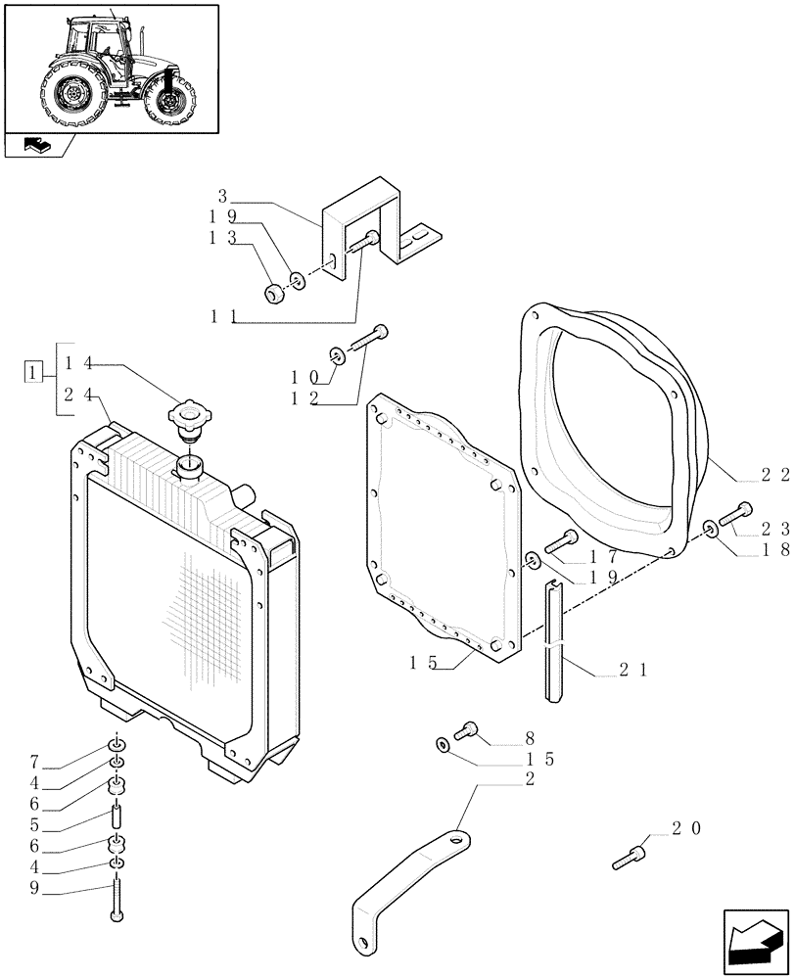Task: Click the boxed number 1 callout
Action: [x=33, y=372]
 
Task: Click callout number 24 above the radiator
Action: [x=78, y=395]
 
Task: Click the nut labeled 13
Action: [x=275, y=291]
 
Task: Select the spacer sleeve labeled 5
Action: [x=117, y=815]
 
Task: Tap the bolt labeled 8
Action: [x=468, y=729]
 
